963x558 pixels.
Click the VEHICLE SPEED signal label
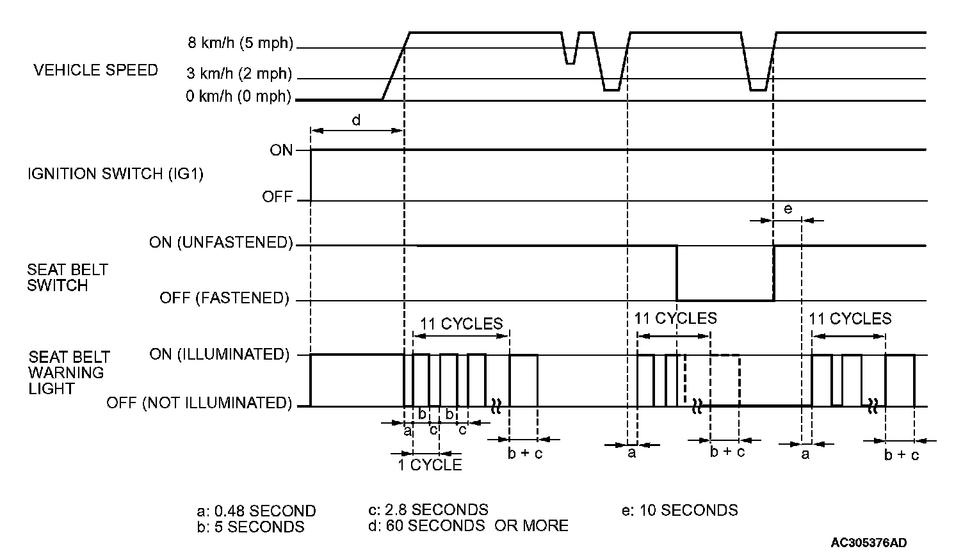click(x=95, y=70)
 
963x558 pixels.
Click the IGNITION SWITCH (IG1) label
click(x=115, y=173)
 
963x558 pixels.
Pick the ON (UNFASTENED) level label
click(x=221, y=243)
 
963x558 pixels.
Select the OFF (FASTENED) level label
click(x=224, y=298)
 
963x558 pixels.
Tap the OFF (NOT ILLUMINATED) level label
click(x=199, y=403)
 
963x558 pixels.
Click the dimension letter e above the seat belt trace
click(x=788, y=209)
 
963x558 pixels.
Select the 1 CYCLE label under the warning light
click(x=429, y=465)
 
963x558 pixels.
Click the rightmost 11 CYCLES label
click(x=850, y=318)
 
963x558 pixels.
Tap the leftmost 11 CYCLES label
click(x=462, y=323)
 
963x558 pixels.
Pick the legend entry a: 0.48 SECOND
click(x=256, y=511)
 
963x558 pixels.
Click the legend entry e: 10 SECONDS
click(x=679, y=510)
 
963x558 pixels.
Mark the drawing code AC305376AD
click(x=869, y=543)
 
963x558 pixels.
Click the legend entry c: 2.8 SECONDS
click(x=428, y=509)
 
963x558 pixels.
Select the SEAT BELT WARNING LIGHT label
click(x=69, y=372)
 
